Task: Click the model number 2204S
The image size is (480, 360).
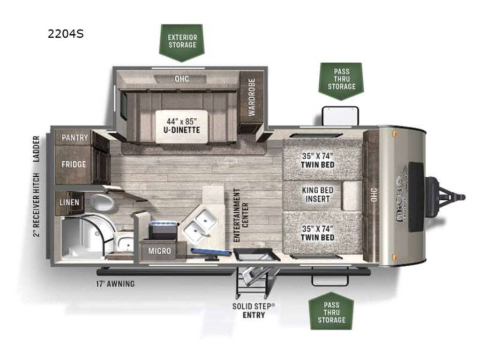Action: (65, 34)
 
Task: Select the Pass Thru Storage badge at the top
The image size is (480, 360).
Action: (341, 79)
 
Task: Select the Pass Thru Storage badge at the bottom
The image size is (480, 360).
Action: (331, 311)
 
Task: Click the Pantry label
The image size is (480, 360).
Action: (74, 137)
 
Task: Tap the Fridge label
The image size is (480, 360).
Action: (74, 165)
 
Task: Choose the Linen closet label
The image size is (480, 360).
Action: (69, 202)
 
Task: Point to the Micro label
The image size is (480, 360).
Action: (160, 251)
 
